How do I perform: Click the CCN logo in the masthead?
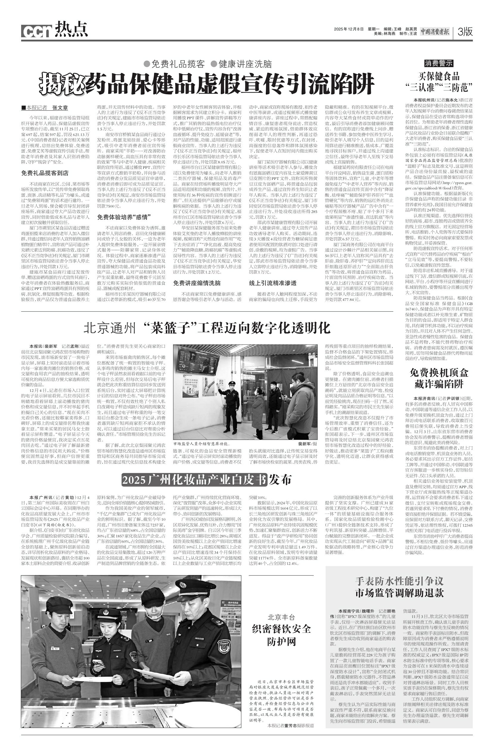pyautogui.click(x=36, y=31)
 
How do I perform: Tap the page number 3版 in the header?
pyautogui.click(x=465, y=31)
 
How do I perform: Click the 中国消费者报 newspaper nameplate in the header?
pyautogui.click(x=435, y=31)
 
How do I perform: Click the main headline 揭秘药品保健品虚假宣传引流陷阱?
pyautogui.click(x=206, y=83)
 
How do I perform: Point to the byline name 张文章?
pyautogui.click(x=60, y=108)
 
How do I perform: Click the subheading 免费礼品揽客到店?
pyautogui.click(x=45, y=173)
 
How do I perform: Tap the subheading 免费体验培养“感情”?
pyautogui.click(x=124, y=217)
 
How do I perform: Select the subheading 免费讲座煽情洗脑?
pyautogui.click(x=197, y=283)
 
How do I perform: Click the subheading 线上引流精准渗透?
pyautogui.click(x=273, y=283)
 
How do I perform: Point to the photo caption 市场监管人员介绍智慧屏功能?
pyautogui.click(x=202, y=443)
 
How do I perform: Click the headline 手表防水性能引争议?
pyautogui.click(x=399, y=581)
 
